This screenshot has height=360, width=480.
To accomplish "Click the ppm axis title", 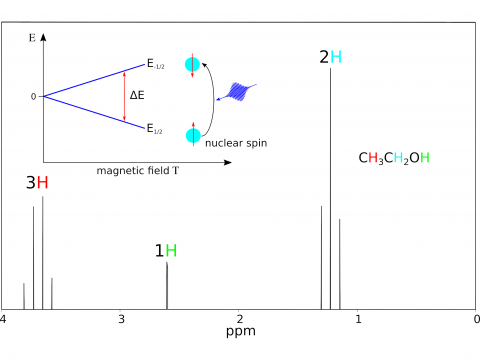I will click(x=240, y=332).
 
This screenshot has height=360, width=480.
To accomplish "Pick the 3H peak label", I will click(x=37, y=183).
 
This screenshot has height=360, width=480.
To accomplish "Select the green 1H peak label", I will click(x=165, y=250).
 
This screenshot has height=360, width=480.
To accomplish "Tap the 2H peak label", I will click(x=331, y=57).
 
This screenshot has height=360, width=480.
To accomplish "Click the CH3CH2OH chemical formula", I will click(x=394, y=158).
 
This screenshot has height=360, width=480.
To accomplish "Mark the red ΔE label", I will click(x=137, y=96).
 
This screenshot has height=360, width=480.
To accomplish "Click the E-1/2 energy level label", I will click(x=158, y=65).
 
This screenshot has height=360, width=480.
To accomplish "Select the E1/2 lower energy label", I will click(x=156, y=129).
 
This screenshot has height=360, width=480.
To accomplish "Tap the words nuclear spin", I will click(x=235, y=144).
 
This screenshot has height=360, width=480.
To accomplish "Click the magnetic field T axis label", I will click(x=138, y=170).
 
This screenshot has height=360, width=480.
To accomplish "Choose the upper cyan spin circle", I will click(x=194, y=65).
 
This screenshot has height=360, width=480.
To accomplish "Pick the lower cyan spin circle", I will click(x=194, y=135).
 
